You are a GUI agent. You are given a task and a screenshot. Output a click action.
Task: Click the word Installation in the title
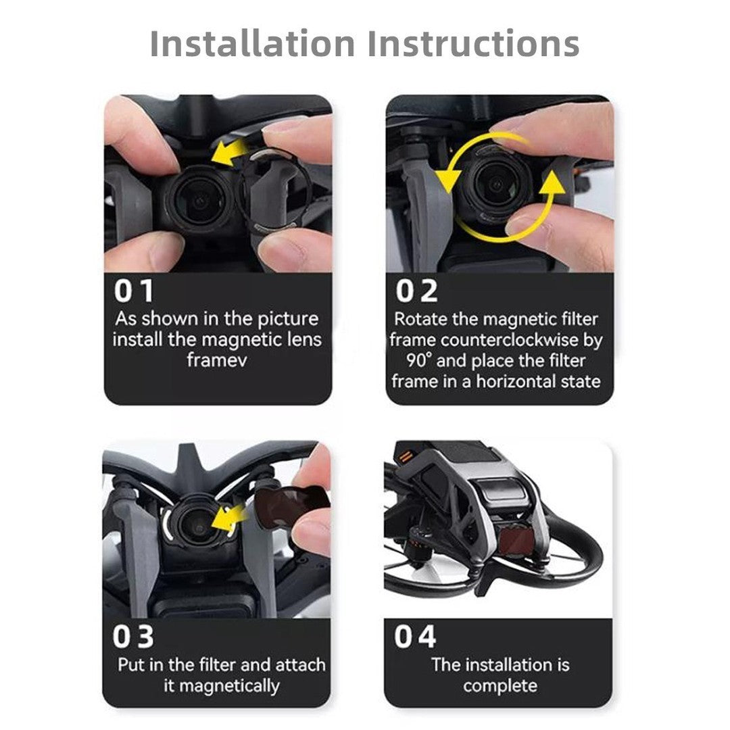[x=253, y=43]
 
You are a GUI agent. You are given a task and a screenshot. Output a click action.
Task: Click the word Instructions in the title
[x=473, y=43]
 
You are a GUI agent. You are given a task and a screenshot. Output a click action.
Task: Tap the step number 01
[x=134, y=291]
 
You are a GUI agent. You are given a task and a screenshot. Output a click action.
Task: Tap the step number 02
[x=416, y=291]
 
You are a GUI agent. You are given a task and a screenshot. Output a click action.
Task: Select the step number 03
[x=133, y=637]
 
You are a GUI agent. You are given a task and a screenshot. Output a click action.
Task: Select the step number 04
[x=415, y=637]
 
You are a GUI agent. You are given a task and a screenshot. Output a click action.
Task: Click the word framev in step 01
[x=217, y=360]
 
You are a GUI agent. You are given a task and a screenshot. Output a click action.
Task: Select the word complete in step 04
[x=500, y=686]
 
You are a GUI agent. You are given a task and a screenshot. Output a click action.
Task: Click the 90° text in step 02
[x=419, y=361]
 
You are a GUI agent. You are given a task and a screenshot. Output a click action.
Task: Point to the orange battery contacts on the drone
[x=406, y=456]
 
